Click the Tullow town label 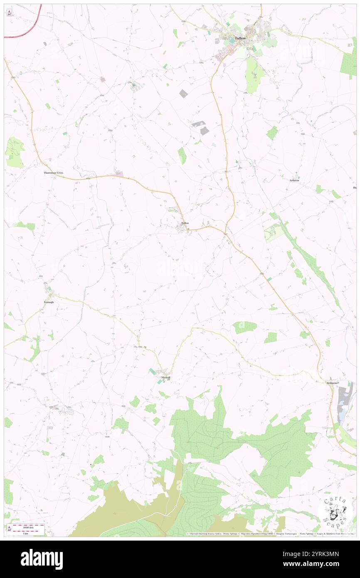240,38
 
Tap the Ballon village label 185,223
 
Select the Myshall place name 165,377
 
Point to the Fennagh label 49,302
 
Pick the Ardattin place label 294,180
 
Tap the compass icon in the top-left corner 10,12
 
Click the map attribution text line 270,534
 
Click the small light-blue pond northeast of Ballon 214,144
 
